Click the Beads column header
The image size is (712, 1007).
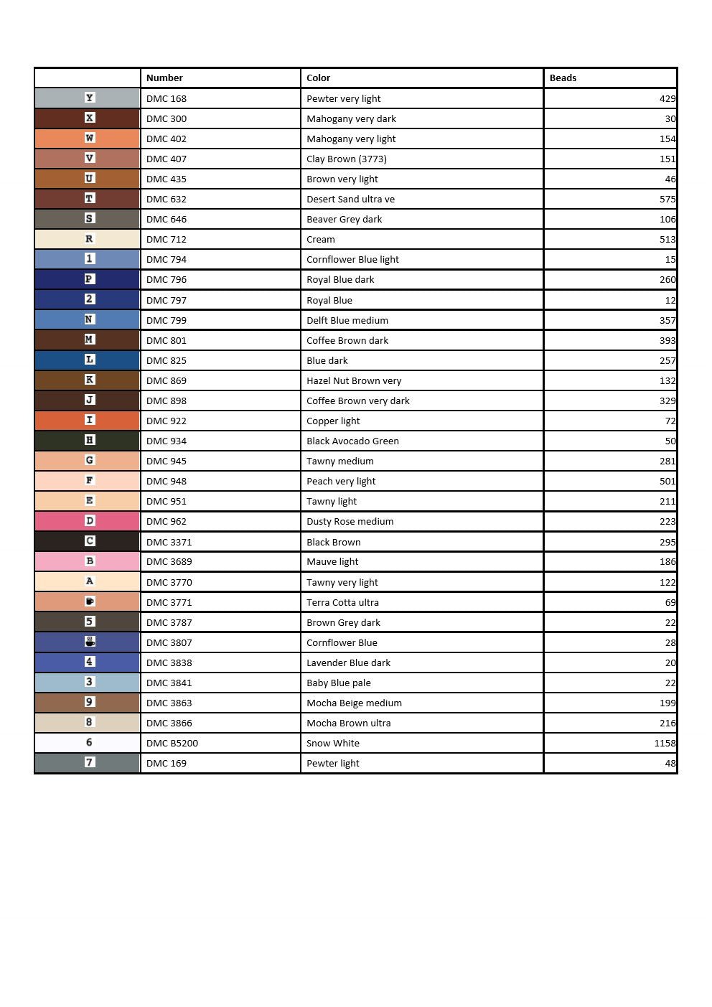(563, 78)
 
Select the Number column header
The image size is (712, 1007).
(164, 78)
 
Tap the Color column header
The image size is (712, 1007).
(318, 78)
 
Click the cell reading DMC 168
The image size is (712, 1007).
(167, 98)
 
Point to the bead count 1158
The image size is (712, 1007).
(665, 743)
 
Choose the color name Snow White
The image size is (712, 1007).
(333, 743)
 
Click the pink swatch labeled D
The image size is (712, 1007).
(88, 521)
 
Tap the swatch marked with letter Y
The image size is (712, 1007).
(88, 98)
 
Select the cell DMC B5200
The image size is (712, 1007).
(172, 743)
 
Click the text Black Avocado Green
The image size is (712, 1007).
(352, 441)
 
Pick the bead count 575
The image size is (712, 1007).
(667, 199)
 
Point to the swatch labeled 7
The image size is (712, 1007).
(88, 762)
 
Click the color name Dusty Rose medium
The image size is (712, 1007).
(350, 521)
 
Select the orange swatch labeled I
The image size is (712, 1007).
(88, 420)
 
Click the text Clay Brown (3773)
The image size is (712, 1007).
(346, 159)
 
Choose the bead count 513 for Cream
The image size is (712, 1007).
(667, 239)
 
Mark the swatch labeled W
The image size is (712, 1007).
(88, 138)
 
